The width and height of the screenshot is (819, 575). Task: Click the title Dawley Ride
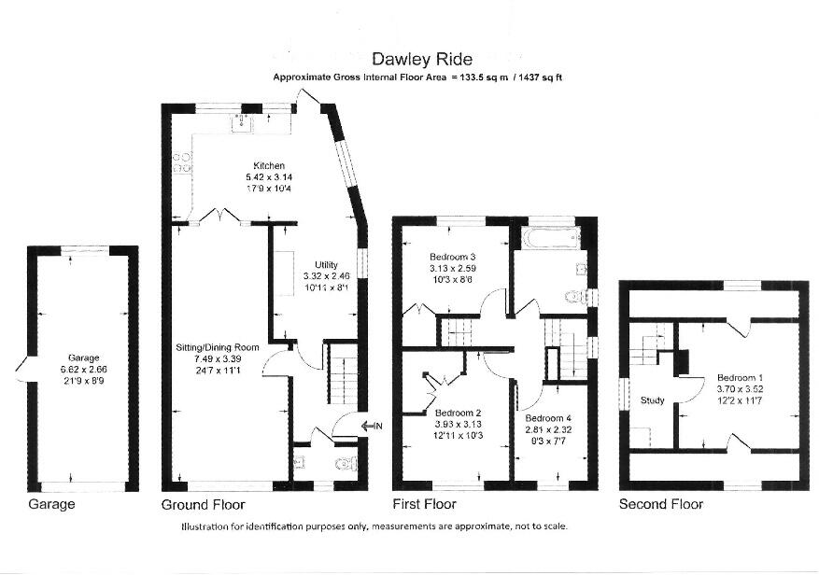[x=415, y=60]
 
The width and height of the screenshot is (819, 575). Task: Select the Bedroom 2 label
[x=458, y=413]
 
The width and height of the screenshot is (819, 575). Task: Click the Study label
[x=653, y=401]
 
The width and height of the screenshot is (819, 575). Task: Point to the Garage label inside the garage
[x=82, y=357]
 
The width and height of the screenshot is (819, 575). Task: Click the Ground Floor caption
[x=204, y=505]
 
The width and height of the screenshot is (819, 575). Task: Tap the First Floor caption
[x=426, y=505]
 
